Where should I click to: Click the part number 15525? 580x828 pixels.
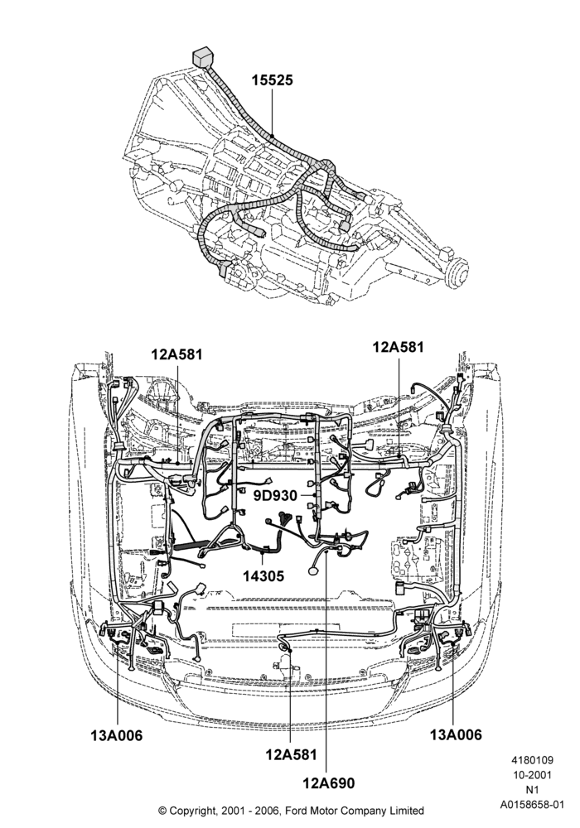coord(272,80)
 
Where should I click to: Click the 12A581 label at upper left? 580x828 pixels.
coord(176,354)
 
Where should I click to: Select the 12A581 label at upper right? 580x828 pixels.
coord(398,347)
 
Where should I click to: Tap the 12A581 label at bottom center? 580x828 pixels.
coord(291,754)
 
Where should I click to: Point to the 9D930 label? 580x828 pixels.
coord(275,495)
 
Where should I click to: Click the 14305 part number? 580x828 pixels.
coord(263,575)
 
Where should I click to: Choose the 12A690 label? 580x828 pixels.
coord(329,782)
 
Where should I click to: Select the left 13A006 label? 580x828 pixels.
coord(116,735)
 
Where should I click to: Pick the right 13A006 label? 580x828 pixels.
coord(456,734)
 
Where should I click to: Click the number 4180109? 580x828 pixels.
coord(532,760)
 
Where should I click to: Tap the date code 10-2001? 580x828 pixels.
coord(532,775)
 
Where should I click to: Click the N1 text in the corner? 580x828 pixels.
coord(532,790)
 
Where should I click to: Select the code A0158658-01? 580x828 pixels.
coord(532,805)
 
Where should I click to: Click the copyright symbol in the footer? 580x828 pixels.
coord(162,811)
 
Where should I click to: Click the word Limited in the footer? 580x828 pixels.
coord(406,811)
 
